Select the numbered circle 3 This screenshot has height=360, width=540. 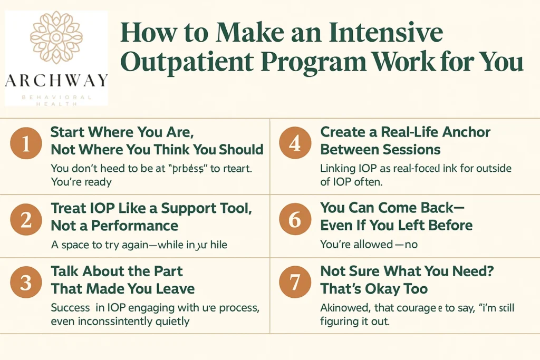click(25, 282)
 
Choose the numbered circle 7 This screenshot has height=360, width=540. click(295, 282)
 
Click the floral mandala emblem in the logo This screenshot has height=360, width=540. click(56, 37)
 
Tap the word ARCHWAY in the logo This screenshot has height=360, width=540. click(56, 81)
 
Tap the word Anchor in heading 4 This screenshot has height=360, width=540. click(464, 132)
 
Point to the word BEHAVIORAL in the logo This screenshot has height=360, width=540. click(56, 97)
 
